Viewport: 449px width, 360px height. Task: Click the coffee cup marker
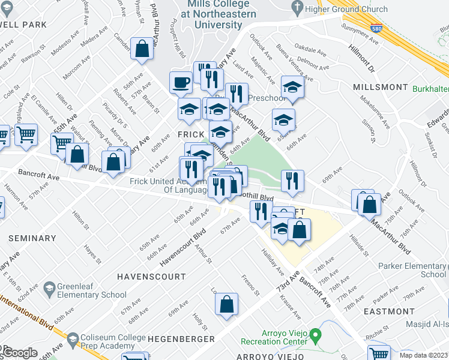tap(180, 83)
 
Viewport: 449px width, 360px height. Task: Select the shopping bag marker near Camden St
tap(142, 51)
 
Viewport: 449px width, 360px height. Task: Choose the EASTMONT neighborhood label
tap(389, 311)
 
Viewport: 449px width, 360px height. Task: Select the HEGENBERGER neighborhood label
tap(181, 339)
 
